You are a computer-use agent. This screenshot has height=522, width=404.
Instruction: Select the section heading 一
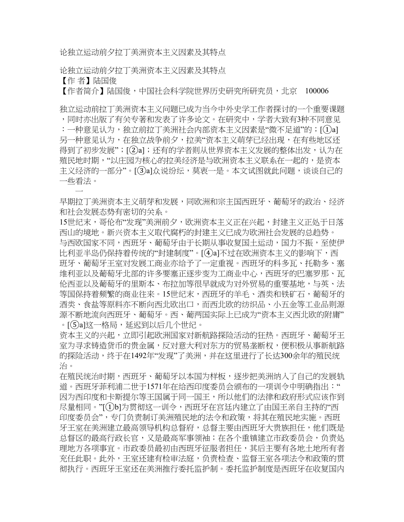(79, 192)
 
